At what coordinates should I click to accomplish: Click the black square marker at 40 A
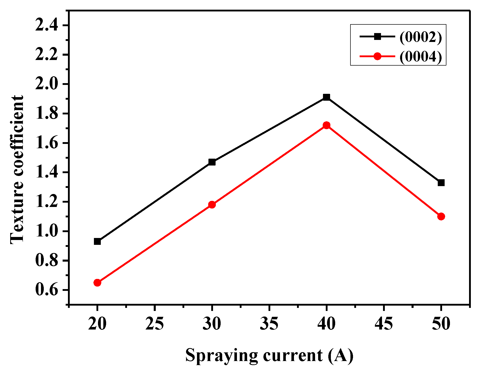click(327, 97)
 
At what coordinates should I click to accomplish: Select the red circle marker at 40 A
click(327, 125)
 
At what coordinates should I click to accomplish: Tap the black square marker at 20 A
click(97, 242)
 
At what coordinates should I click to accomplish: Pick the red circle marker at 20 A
click(97, 283)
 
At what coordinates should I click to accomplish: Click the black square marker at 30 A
click(212, 162)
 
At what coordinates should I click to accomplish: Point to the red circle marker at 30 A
click(212, 205)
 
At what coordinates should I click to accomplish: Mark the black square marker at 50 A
click(441, 183)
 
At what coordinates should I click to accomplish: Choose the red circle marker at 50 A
click(441, 217)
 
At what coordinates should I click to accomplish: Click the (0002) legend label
click(421, 37)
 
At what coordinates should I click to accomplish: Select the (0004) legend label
click(421, 56)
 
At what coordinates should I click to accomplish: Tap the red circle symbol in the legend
click(377, 56)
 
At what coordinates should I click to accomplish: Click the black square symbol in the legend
click(377, 37)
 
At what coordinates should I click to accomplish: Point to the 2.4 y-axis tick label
click(47, 25)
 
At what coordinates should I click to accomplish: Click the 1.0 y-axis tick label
click(47, 231)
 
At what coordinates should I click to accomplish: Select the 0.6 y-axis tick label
click(47, 290)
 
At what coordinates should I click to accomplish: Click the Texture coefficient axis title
click(17, 170)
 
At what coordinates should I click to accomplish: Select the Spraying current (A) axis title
click(269, 355)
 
